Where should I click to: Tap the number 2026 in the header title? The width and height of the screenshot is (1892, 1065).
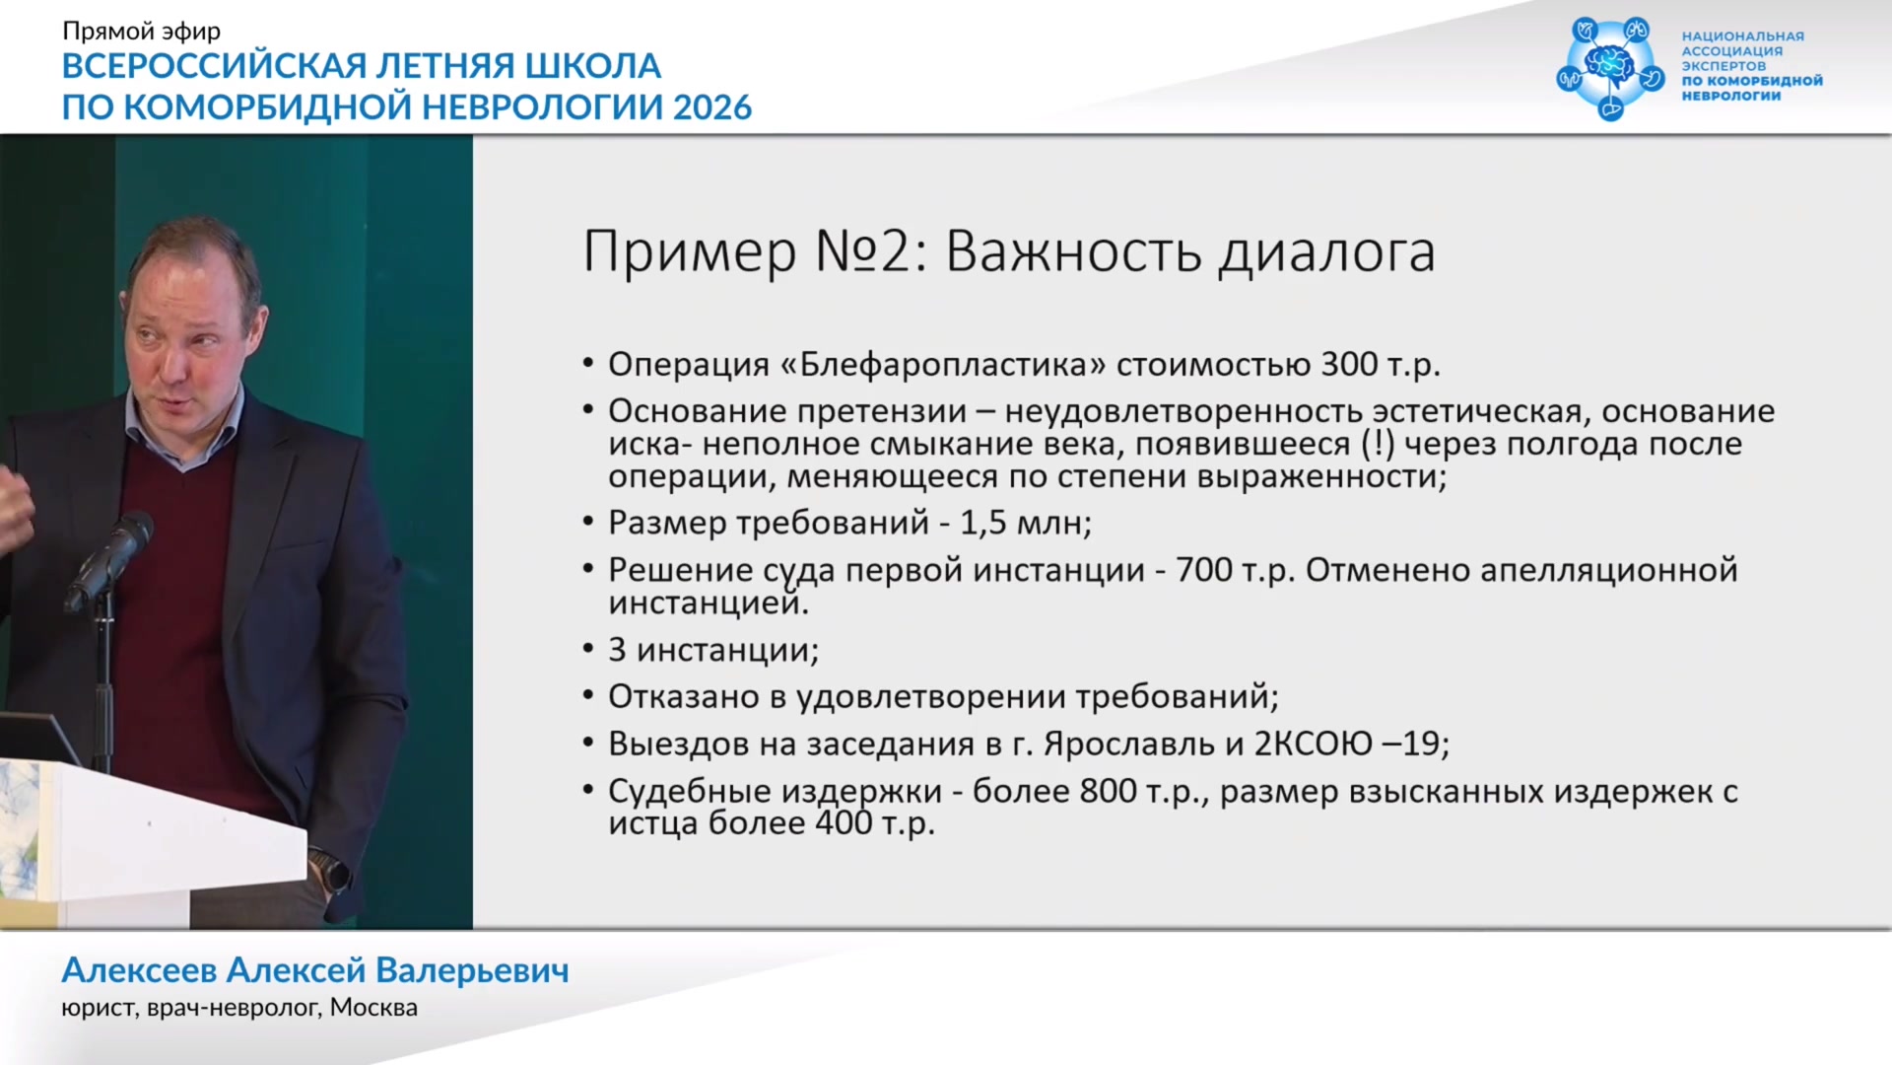712,106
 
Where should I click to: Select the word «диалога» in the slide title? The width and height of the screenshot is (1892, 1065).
1327,253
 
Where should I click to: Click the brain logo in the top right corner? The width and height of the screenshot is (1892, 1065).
1610,67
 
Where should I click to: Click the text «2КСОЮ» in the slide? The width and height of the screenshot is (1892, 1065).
1313,744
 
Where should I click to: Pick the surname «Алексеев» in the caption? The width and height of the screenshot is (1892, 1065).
139,971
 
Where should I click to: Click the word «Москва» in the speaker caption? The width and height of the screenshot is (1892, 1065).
373,1008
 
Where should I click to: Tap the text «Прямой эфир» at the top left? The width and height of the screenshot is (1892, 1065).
141,32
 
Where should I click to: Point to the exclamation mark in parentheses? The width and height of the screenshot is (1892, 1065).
1378,444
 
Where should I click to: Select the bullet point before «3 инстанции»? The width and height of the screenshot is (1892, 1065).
588,648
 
